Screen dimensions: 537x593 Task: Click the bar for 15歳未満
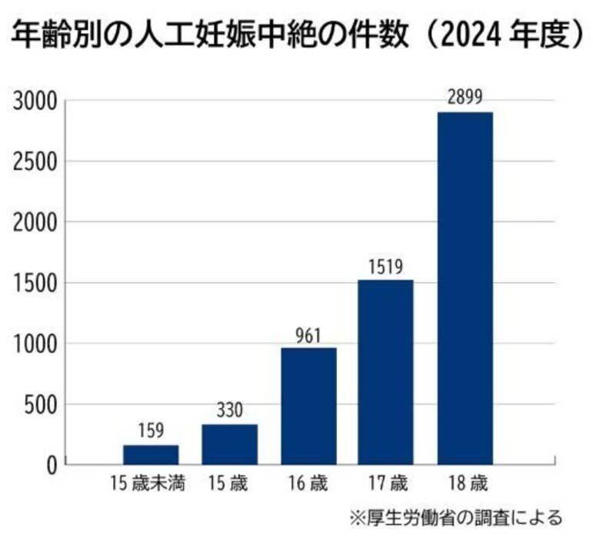click(x=151, y=455)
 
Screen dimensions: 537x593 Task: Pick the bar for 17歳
click(x=385, y=372)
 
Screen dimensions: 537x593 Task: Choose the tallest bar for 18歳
click(x=465, y=288)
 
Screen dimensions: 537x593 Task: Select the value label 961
click(x=308, y=336)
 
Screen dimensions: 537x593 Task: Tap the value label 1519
click(x=385, y=267)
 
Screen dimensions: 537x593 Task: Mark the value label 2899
click(x=465, y=99)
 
